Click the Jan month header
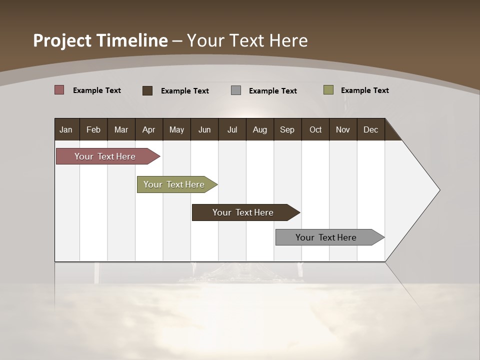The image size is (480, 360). click(x=66, y=129)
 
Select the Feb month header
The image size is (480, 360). click(x=93, y=129)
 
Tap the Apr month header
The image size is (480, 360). click(x=148, y=129)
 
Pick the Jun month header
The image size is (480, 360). click(x=204, y=129)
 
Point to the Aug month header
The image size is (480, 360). click(x=259, y=129)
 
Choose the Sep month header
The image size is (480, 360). click(x=287, y=129)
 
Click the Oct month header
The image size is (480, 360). click(x=315, y=129)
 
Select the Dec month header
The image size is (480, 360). click(x=370, y=129)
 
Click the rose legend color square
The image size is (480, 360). click(x=59, y=90)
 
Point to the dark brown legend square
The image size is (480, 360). click(x=147, y=90)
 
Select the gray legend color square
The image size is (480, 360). click(x=236, y=90)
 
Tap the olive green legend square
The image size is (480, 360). click(x=328, y=90)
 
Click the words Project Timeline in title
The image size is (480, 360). click(x=100, y=40)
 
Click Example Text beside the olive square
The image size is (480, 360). click(x=364, y=90)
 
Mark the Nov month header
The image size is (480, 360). click(x=343, y=129)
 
